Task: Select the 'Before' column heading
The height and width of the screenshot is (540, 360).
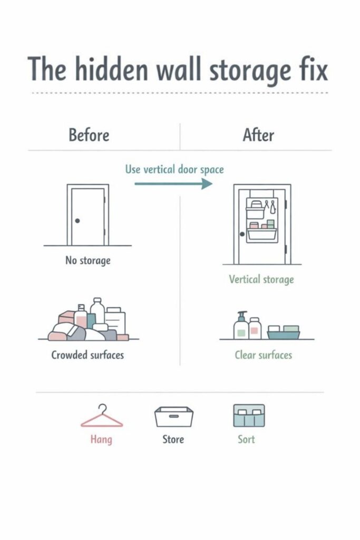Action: pyautogui.click(x=89, y=135)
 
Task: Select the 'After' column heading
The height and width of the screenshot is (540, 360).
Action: pyautogui.click(x=258, y=135)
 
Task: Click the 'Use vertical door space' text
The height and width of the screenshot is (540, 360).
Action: pyautogui.click(x=174, y=169)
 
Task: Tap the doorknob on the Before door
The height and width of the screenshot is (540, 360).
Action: pyautogui.click(x=77, y=220)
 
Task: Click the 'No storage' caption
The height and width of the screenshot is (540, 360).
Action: pyautogui.click(x=87, y=260)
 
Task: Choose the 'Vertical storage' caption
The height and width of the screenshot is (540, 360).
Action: pyautogui.click(x=261, y=279)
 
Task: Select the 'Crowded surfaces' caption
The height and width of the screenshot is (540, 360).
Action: pyautogui.click(x=87, y=355)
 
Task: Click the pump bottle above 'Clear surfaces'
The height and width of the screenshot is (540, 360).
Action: pyautogui.click(x=241, y=325)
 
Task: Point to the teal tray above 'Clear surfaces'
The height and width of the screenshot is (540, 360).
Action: pyautogui.click(x=284, y=332)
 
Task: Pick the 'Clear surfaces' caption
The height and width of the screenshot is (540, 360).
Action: pyautogui.click(x=264, y=355)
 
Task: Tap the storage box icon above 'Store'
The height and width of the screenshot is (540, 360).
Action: pyautogui.click(x=173, y=417)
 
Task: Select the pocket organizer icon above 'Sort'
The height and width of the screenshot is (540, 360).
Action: pyautogui.click(x=249, y=416)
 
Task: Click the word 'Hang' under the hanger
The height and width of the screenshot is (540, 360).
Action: pyautogui.click(x=101, y=439)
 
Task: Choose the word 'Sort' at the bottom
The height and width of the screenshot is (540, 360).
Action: pyautogui.click(x=246, y=439)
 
